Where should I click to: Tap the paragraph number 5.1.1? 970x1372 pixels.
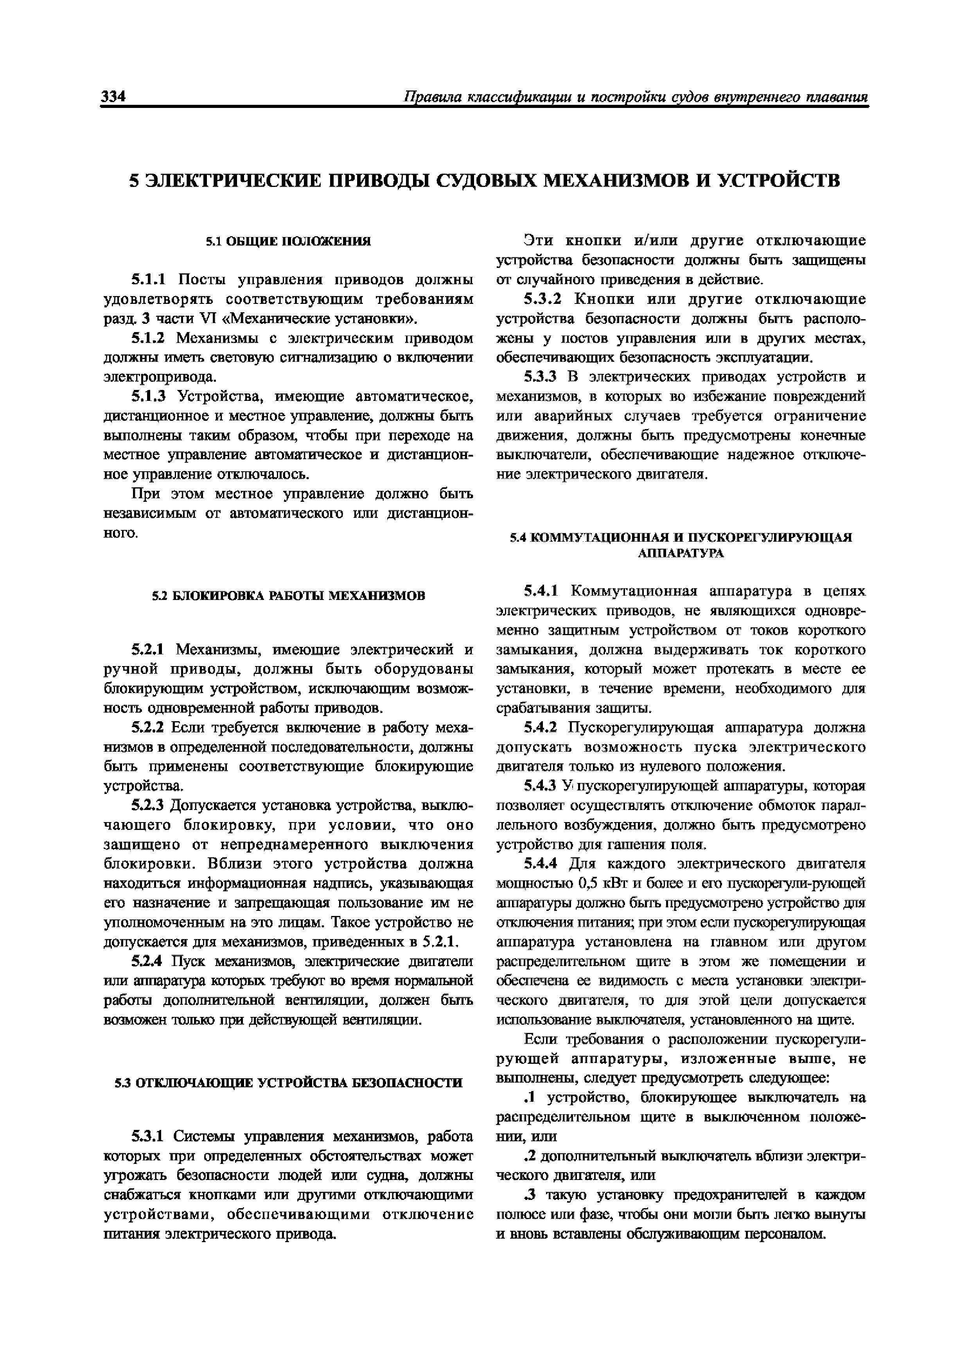[x=151, y=280]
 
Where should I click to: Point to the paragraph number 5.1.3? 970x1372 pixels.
[x=151, y=397]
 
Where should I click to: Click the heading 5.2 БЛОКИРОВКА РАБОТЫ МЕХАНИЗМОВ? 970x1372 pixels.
[x=288, y=596]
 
